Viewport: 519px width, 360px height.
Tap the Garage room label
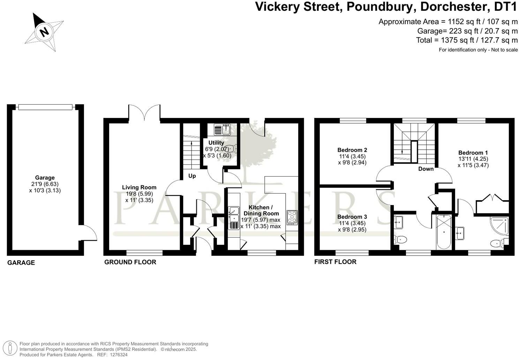coord(45,178)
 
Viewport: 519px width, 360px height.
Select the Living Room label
coord(139,187)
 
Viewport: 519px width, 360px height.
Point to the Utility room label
coord(216,143)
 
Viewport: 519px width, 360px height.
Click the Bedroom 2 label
coord(352,150)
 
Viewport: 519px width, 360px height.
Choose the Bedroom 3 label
coord(352,217)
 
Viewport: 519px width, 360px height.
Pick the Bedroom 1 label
coord(473,153)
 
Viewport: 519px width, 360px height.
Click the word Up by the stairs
coord(192,176)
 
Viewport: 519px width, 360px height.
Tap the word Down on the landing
coord(426,169)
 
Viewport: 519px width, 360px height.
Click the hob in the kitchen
coord(292,217)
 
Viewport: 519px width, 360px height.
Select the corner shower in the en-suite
coord(499,226)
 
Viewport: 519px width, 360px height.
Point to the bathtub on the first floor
coord(444,232)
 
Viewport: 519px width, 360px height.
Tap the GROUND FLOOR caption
coord(130,262)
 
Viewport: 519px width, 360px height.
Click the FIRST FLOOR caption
coord(335,262)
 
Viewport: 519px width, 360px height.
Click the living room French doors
coord(144,112)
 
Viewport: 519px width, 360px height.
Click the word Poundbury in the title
coord(380,7)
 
